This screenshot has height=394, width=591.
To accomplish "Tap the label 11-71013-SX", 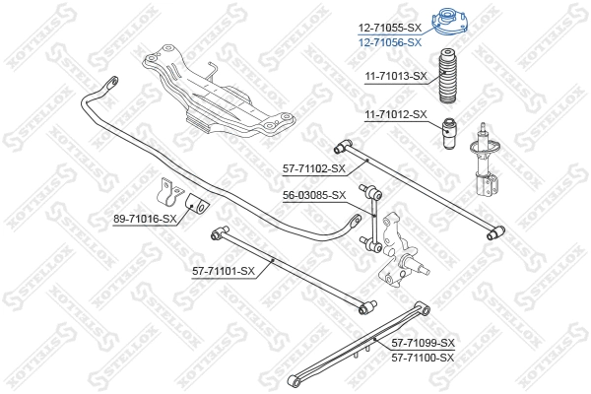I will pyautogui.click(x=395, y=76).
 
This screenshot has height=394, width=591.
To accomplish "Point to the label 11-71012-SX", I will pyautogui.click(x=395, y=114).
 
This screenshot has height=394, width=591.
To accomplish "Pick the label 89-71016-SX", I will pyautogui.click(x=145, y=219).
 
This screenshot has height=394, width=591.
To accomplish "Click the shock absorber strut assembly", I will pyautogui.click(x=484, y=163).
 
